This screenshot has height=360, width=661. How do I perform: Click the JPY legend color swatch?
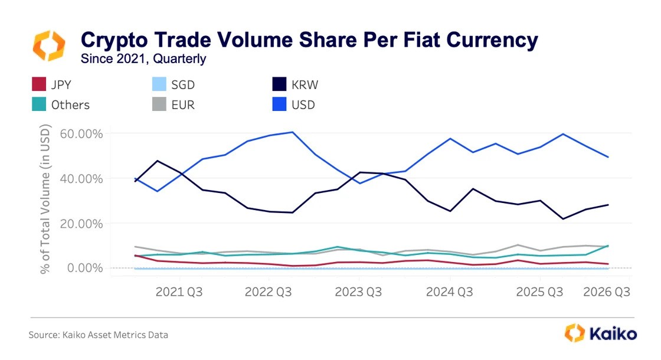point(39,85)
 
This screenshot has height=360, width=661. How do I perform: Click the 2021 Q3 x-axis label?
point(179,292)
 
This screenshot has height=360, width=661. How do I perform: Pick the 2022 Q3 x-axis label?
point(269,292)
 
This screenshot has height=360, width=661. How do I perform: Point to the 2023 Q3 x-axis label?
point(358,292)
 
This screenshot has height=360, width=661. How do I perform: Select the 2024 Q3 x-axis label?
point(449,292)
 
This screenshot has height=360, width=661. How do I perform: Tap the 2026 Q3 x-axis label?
point(607,292)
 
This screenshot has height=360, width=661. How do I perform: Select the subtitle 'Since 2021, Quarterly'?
point(143,59)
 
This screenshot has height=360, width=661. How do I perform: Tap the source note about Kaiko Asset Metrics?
point(99,335)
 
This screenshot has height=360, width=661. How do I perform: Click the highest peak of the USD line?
point(292,132)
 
